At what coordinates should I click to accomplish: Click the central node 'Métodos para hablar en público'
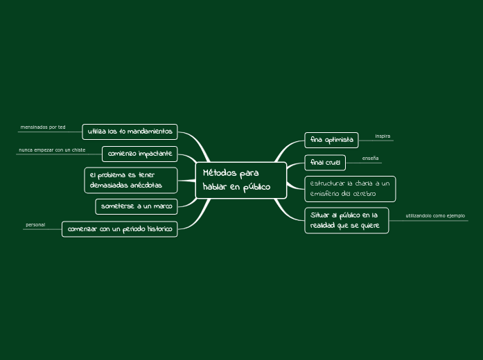pos(240,180)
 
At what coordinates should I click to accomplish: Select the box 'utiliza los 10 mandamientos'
pos(130,132)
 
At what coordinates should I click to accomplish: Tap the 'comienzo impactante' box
pos(140,153)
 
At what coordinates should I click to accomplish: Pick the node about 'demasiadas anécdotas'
pos(131,180)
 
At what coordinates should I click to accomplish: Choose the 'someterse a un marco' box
pos(137,206)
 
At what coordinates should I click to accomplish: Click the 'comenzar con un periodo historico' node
pos(120,228)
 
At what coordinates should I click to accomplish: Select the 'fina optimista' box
pos(331,140)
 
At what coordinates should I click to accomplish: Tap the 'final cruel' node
pos(325,162)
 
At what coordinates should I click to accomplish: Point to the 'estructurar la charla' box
pos(350,188)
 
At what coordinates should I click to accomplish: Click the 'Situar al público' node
pos(346,220)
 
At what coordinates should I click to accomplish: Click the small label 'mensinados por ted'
pos(43,127)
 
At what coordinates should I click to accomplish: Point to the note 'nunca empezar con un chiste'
pos(52,150)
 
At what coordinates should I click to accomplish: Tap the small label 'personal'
pos(35,225)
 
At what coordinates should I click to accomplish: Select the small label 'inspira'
pos(383,136)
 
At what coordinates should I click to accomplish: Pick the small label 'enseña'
pos(371,159)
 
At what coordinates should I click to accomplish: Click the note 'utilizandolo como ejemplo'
pos(435,216)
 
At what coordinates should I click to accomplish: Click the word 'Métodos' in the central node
pos(221,173)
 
